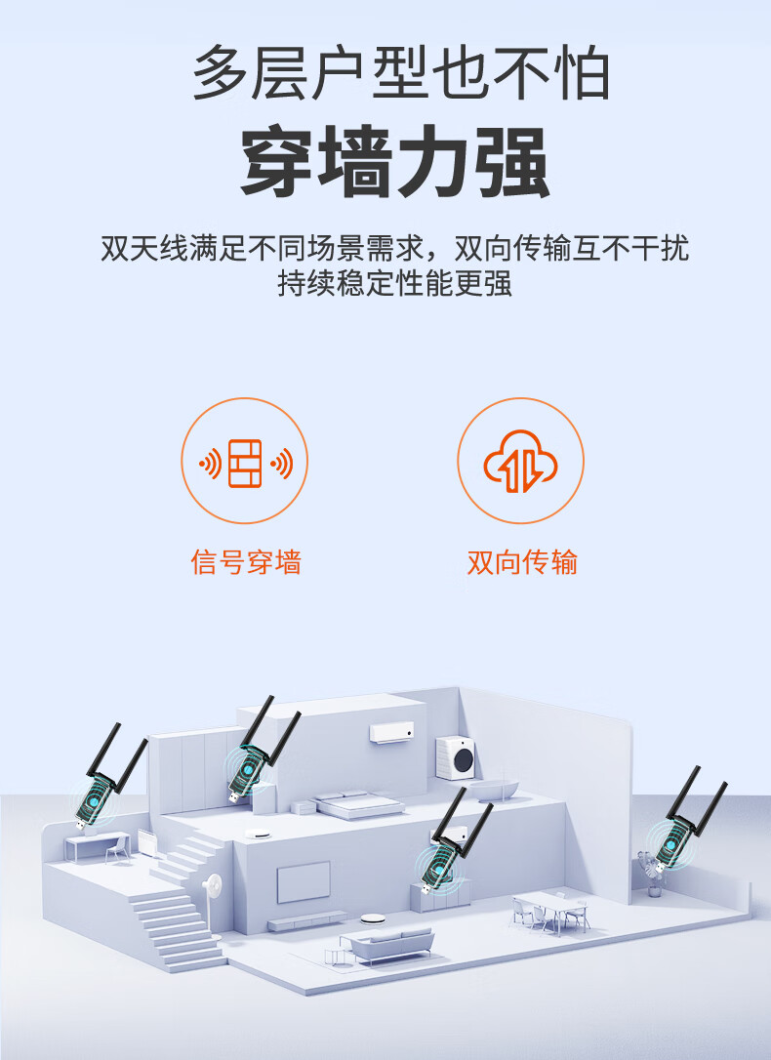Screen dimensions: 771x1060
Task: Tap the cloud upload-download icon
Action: pyautogui.click(x=520, y=461)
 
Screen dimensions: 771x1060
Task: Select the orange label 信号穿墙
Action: pyautogui.click(x=245, y=562)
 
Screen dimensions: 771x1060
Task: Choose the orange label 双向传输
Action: pyautogui.click(x=522, y=562)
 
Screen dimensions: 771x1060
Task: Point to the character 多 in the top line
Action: pyautogui.click(x=220, y=72)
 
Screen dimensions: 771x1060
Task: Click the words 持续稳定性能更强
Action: pyautogui.click(x=395, y=283)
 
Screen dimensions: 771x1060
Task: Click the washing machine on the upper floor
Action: pyautogui.click(x=455, y=757)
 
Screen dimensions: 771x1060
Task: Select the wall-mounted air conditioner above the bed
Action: pyautogui.click(x=391, y=732)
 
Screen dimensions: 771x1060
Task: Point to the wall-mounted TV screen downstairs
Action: pyautogui.click(x=304, y=881)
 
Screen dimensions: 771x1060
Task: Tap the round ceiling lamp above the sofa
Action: pyautogui.click(x=372, y=918)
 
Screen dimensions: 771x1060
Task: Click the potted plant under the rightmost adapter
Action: pyautogui.click(x=653, y=878)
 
